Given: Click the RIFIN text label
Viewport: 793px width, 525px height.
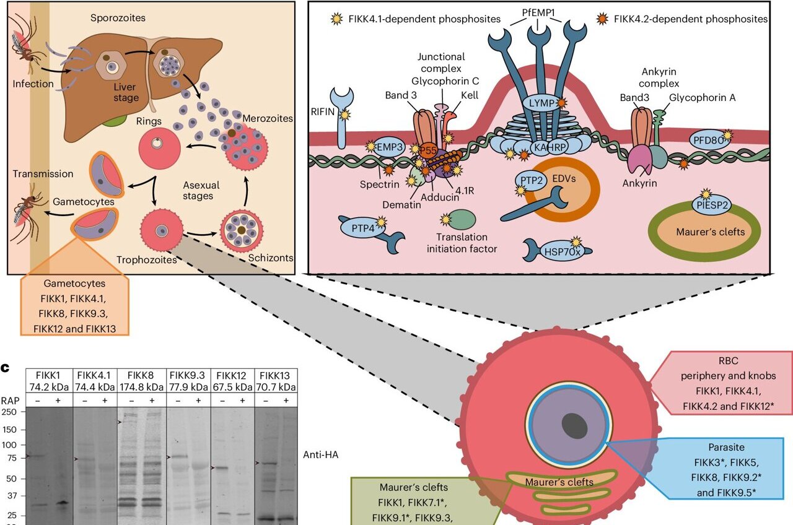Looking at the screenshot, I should point(323,113).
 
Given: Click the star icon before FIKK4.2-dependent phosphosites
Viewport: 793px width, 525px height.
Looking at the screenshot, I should point(602,19).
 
